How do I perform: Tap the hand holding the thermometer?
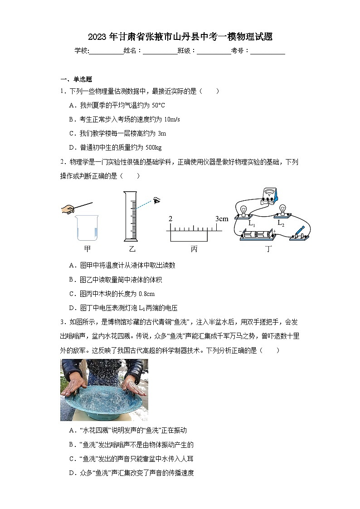(68, 209)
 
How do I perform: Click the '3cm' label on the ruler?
(222, 219)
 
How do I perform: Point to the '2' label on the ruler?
(170, 219)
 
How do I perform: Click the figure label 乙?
(132, 249)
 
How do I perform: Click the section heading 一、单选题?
(76, 79)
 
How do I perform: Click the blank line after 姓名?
(160, 51)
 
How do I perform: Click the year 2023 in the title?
(97, 37)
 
